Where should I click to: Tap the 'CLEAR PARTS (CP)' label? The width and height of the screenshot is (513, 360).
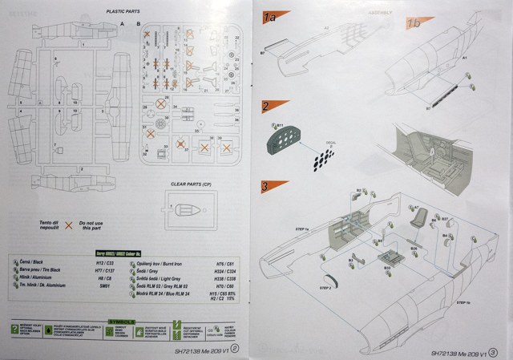pos(192,184)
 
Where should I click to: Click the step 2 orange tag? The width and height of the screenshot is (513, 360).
pos(265,106)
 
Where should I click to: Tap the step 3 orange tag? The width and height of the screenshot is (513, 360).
pos(265,188)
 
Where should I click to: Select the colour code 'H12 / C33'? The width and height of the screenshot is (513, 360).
pos(106,262)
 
